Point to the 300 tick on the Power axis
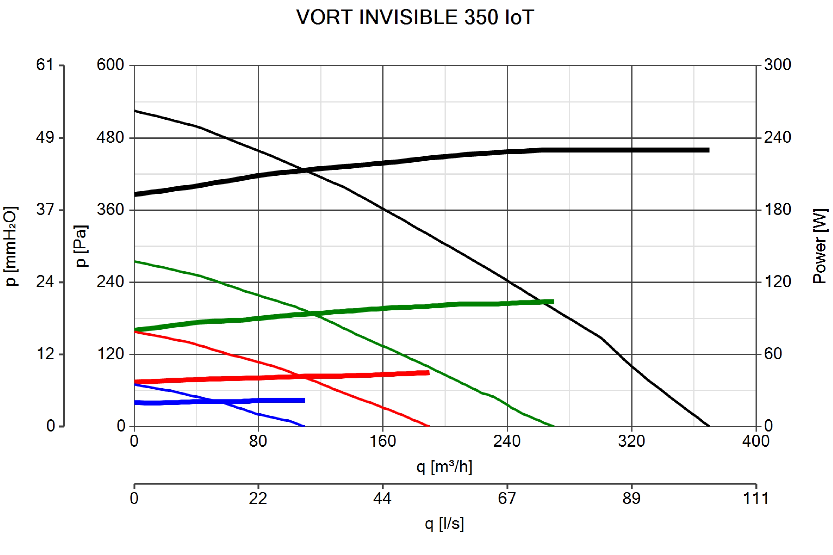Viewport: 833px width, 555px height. tap(777, 65)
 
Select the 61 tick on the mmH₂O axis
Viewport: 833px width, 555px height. tap(45, 65)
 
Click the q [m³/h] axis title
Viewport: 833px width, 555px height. tap(444, 467)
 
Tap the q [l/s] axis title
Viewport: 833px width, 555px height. tap(444, 524)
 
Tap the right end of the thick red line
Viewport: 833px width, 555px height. tap(429, 373)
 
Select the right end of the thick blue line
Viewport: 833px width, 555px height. tap(305, 400)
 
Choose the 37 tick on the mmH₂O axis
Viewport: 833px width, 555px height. tap(45, 210)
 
